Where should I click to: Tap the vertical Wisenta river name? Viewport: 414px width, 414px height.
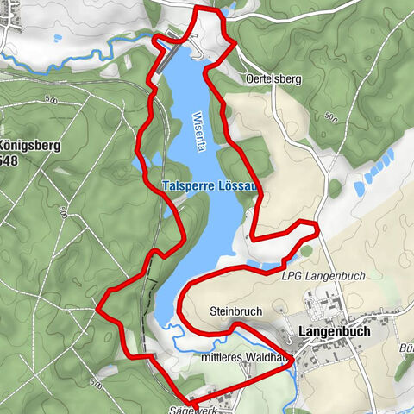pos(198,130)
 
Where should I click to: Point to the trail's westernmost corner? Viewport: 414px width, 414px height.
pos(99,304)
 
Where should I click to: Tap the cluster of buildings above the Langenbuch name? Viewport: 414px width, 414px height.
pos(323,306)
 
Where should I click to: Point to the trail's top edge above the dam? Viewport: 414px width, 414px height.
pos(207,8)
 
